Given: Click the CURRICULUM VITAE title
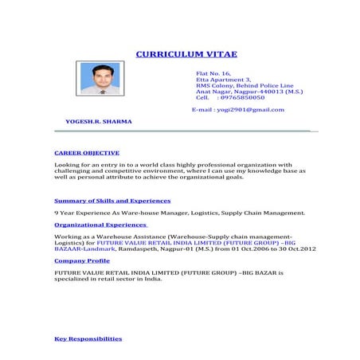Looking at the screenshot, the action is tap(186, 54).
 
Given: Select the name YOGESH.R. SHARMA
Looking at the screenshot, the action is tap(98, 121).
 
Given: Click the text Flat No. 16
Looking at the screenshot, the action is tap(213, 72).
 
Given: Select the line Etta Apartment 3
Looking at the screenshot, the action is tap(223, 79).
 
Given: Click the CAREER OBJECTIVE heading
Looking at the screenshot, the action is tap(86, 151).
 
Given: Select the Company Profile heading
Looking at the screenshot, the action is tap(81, 260).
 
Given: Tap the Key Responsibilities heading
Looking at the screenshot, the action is tap(88, 338).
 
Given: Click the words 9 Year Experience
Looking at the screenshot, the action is tap(82, 213).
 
